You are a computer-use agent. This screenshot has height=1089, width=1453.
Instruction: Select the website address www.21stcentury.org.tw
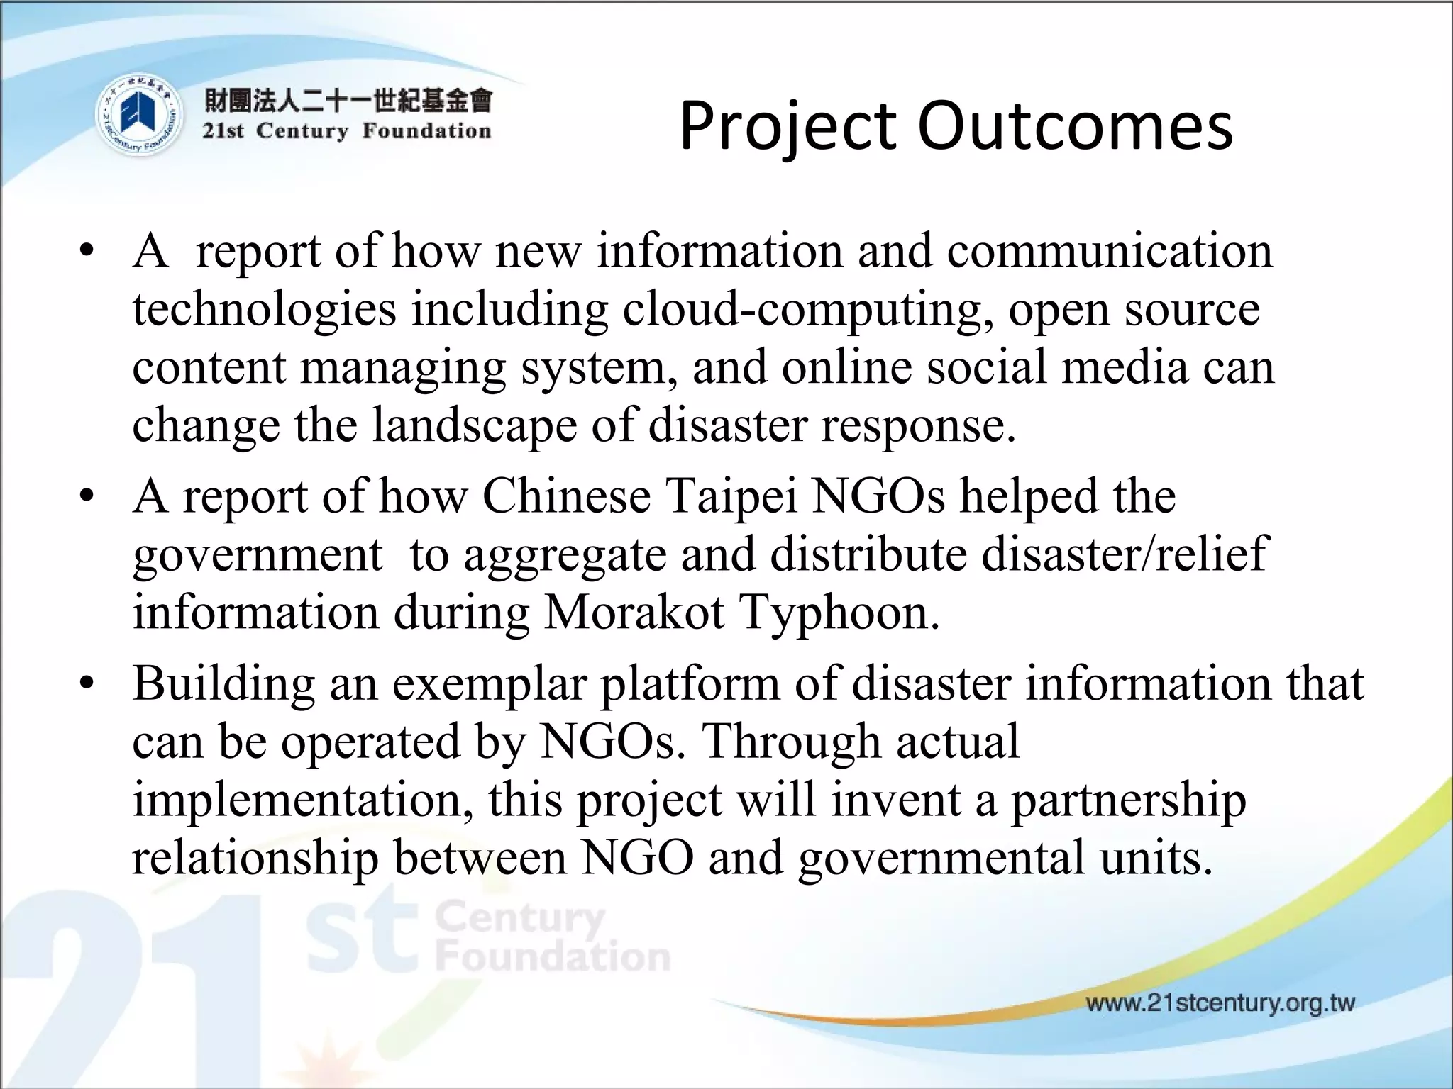pyautogui.click(x=1220, y=1003)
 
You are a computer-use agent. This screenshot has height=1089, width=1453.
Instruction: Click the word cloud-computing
pyautogui.click(x=808, y=311)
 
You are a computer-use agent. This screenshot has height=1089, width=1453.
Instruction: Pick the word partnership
pyautogui.click(x=1128, y=801)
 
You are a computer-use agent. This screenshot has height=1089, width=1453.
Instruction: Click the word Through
pyautogui.click(x=790, y=742)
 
